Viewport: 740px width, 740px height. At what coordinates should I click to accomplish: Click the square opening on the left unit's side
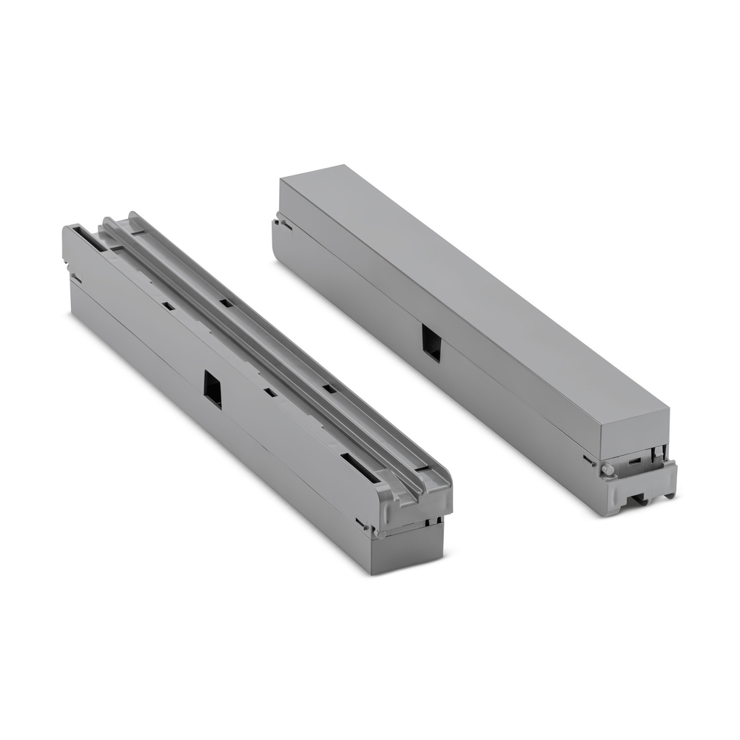(x=212, y=388)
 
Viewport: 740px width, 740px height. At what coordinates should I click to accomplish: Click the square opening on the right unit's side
(x=431, y=343)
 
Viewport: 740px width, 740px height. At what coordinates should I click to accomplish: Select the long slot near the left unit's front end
(x=358, y=465)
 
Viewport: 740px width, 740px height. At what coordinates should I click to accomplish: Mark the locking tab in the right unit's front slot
(x=656, y=455)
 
